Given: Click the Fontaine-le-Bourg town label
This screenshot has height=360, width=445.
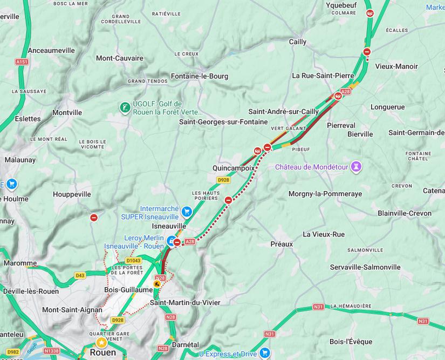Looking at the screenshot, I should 199,76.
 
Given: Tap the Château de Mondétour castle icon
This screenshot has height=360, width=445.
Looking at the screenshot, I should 355,167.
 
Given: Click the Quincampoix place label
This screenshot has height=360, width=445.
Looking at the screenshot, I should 233,168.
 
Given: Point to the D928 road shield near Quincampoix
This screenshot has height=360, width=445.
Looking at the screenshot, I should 223,180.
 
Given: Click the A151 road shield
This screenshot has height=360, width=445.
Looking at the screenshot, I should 22,62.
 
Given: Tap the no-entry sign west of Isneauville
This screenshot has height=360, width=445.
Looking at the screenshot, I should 94,218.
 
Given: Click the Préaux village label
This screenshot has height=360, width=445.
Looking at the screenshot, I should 282,244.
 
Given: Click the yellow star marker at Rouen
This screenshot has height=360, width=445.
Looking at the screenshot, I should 101,342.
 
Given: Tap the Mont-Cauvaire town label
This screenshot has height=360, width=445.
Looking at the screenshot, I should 120,58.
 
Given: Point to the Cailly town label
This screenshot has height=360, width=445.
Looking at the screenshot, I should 298,42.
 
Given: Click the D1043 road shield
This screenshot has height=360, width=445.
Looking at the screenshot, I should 133,261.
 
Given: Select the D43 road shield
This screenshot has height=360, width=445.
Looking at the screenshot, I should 80,275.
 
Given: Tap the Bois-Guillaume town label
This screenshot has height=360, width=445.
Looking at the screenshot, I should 128,290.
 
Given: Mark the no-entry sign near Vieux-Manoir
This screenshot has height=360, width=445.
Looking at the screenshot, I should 367,52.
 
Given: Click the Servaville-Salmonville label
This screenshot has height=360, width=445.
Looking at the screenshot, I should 365,267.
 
